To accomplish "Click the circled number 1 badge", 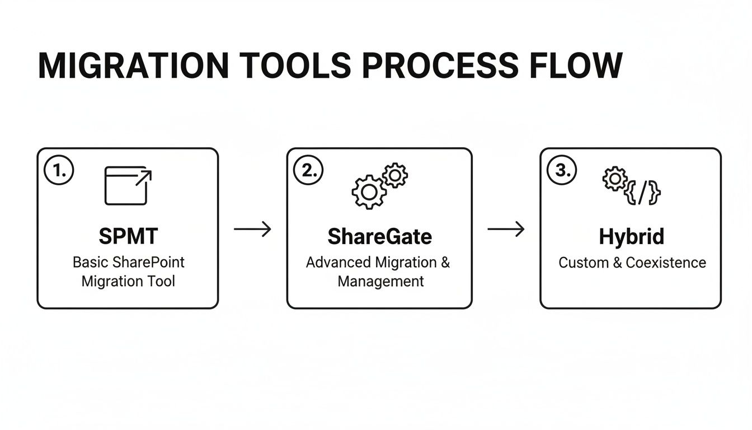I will (x=59, y=171).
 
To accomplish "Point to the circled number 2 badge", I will (x=309, y=171).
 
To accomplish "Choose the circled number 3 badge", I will (x=562, y=171).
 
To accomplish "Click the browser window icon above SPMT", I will (x=128, y=186).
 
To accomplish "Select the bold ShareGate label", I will (x=379, y=237).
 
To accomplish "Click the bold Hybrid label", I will (x=631, y=237).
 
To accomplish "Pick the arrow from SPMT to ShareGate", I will (x=252, y=229).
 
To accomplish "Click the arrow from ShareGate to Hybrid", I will (x=506, y=229).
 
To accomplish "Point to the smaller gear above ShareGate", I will (x=395, y=175).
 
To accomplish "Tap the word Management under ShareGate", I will (x=380, y=281).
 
